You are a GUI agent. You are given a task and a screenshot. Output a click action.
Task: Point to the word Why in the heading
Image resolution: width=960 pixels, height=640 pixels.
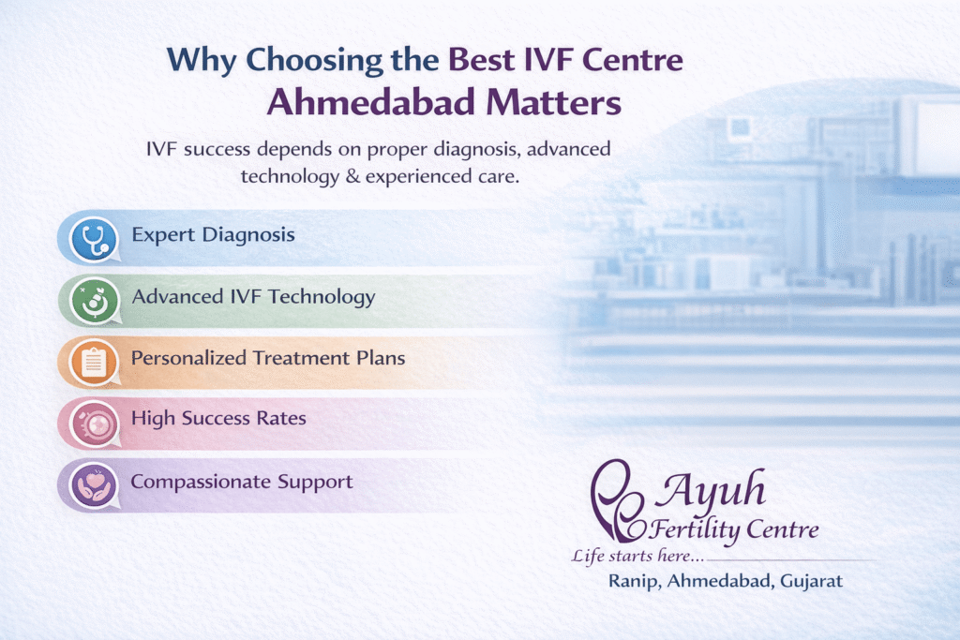(202, 59)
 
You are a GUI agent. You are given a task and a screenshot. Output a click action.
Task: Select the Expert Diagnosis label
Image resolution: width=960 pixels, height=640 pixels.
(213, 234)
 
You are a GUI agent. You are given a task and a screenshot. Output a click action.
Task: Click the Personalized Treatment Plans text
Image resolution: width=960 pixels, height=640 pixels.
(268, 358)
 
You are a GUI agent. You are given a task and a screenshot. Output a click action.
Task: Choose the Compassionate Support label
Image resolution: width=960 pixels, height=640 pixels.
(241, 482)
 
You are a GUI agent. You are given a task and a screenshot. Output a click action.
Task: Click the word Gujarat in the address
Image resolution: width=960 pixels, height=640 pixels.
(809, 581)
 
